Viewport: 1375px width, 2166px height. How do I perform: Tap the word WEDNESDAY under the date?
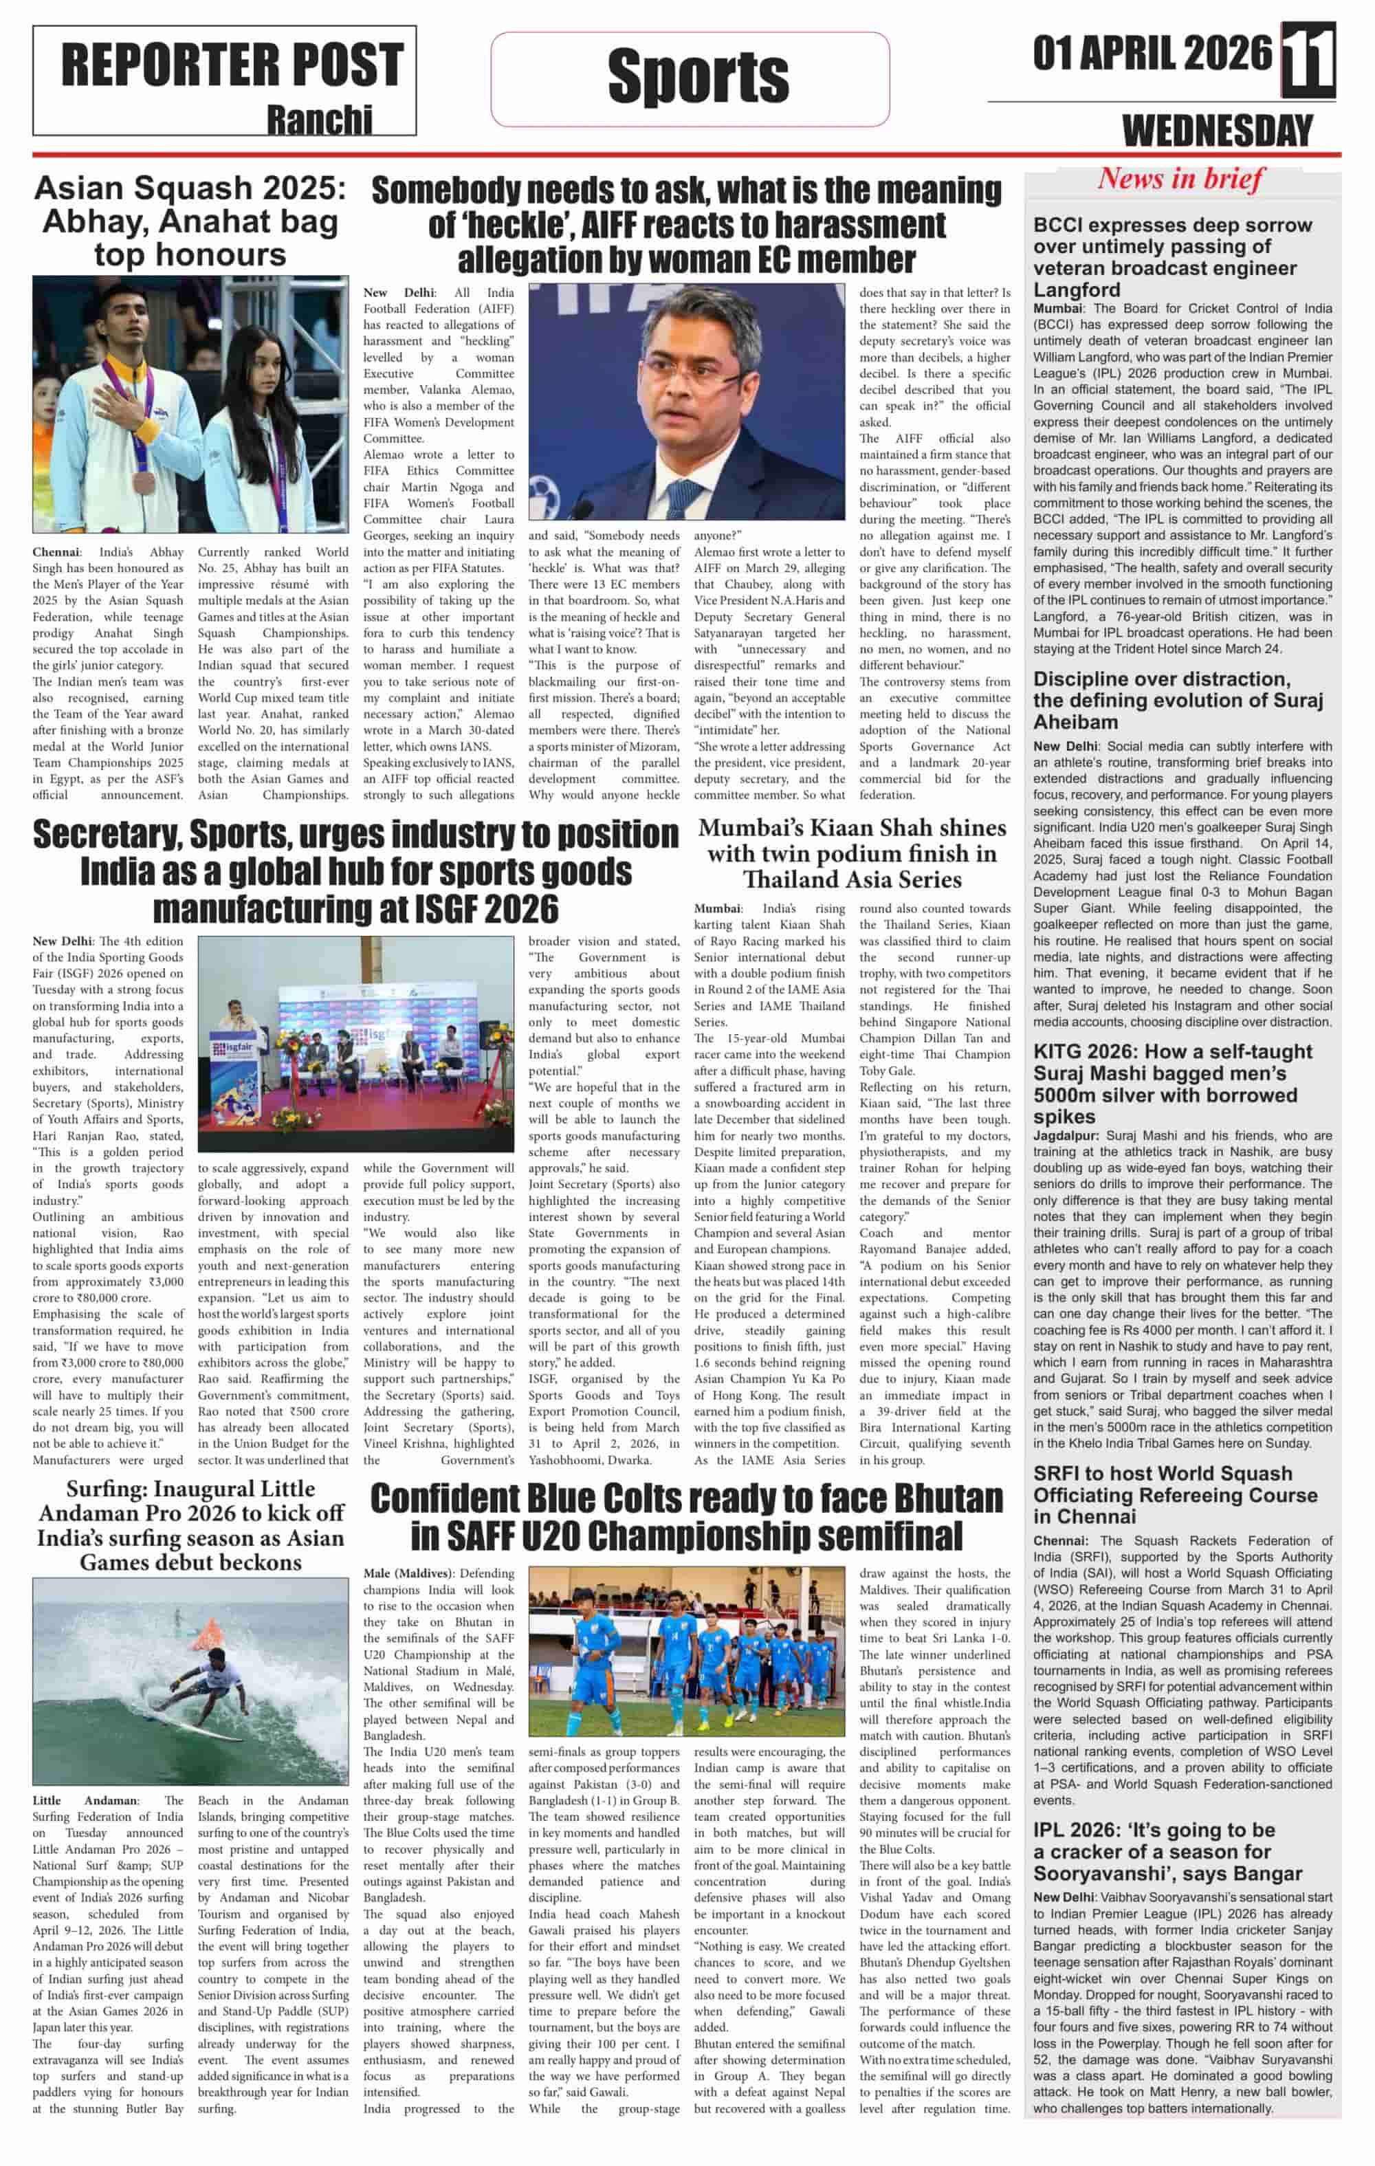pyautogui.click(x=1218, y=132)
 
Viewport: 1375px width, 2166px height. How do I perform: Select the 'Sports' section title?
pyautogui.click(x=698, y=76)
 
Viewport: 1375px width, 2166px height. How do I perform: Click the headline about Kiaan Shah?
pyautogui.click(x=852, y=853)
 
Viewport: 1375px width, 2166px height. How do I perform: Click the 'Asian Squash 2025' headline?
pyautogui.click(x=190, y=221)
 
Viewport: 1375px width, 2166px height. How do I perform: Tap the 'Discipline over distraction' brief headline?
pyautogui.click(x=1177, y=700)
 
